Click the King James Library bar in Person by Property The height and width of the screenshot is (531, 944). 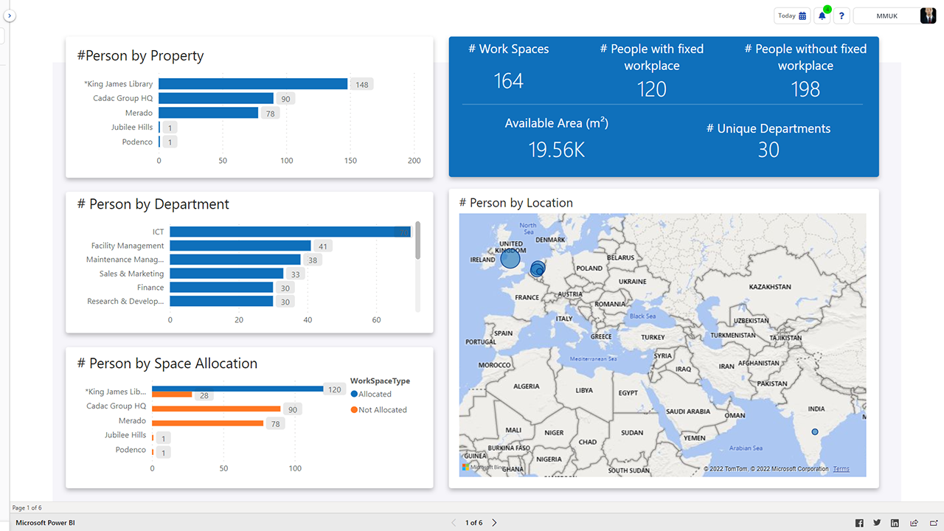pos(252,84)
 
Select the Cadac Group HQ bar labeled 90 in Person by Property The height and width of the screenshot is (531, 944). pos(215,99)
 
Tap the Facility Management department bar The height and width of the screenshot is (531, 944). pos(240,246)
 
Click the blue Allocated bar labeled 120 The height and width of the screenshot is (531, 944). pos(237,389)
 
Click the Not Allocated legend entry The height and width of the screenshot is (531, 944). pos(378,410)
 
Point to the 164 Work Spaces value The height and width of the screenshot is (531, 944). pos(508,81)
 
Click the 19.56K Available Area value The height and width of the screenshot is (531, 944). pos(556,150)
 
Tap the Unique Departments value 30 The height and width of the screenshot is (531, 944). pos(768,150)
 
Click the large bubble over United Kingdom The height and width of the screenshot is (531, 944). pos(510,259)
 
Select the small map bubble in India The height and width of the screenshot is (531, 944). pos(815,431)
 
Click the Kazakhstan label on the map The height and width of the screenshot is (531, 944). pos(769,286)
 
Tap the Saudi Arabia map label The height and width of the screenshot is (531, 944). pos(687,412)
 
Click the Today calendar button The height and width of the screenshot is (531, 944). pos(792,15)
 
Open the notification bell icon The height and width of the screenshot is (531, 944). pos(822,15)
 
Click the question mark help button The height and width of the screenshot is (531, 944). pos(841,15)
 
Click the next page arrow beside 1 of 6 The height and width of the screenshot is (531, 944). pos(494,523)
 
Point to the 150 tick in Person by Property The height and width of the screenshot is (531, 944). pos(350,161)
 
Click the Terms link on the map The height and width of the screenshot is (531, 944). pos(841,469)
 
